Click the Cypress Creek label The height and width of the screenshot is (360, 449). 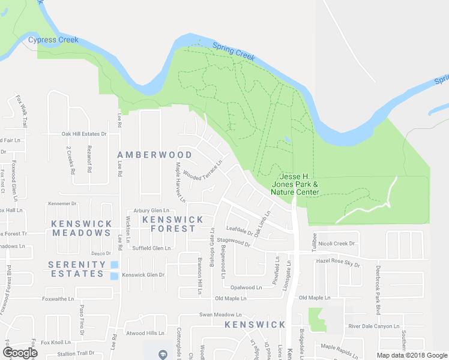(x=53, y=40)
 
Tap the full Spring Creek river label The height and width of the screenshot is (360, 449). (x=234, y=51)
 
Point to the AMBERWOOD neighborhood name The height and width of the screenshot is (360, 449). (x=155, y=155)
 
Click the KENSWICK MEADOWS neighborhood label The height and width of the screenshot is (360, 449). (x=81, y=228)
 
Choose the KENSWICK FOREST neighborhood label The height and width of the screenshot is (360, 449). (x=169, y=224)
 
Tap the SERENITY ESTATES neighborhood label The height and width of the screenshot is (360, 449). (x=77, y=269)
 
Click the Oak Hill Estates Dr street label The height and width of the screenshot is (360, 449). (x=84, y=134)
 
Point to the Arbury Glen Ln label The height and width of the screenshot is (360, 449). (x=151, y=211)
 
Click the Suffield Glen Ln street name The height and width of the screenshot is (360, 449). (x=152, y=248)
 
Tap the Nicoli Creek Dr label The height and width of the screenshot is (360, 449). (x=337, y=244)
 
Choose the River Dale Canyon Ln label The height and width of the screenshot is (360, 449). (x=374, y=326)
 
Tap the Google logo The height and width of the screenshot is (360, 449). (x=20, y=352)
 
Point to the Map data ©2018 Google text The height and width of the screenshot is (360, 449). (x=411, y=355)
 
